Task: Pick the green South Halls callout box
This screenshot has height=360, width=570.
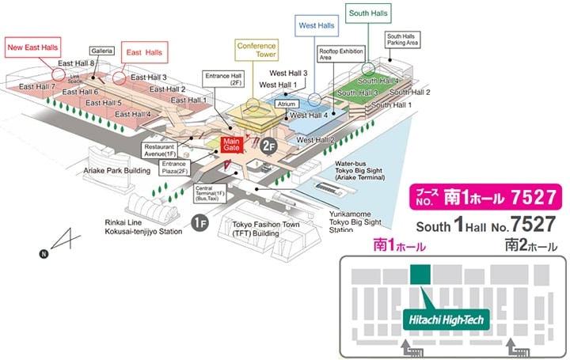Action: tap(367, 14)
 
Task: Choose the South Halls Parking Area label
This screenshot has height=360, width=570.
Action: tap(402, 40)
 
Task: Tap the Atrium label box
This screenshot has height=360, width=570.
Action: tap(286, 104)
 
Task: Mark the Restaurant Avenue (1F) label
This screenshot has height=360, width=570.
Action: tap(161, 150)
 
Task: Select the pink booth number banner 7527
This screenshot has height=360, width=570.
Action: tap(484, 195)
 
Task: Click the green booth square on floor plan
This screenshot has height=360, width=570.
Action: tap(419, 274)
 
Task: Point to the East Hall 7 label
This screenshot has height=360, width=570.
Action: tap(36, 86)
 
